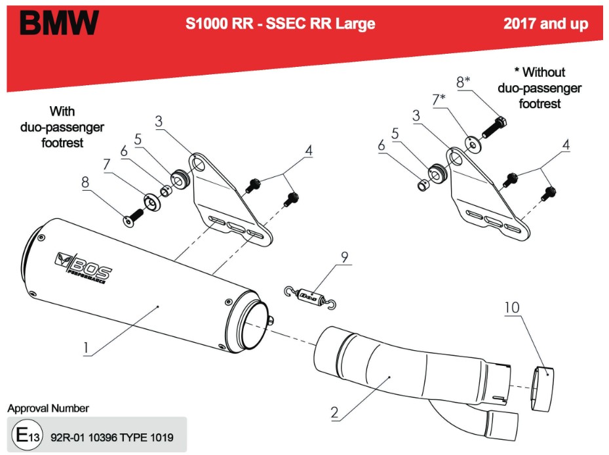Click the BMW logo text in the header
click(58, 23)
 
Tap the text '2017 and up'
click(545, 24)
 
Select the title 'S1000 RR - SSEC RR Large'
click(280, 24)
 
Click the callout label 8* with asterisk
click(463, 81)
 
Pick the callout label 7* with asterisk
click(439, 100)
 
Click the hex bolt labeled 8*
click(492, 129)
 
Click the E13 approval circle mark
click(23, 435)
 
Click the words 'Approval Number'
click(48, 408)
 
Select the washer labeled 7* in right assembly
click(470, 142)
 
